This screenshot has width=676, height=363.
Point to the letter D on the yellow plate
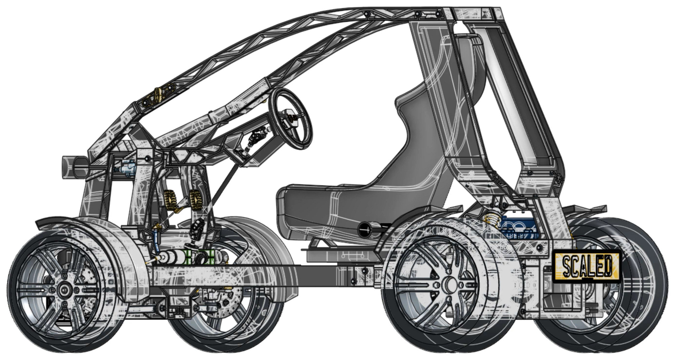tap(607, 265)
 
